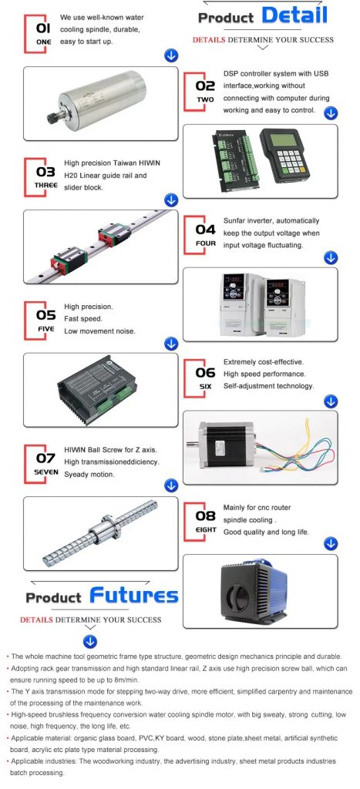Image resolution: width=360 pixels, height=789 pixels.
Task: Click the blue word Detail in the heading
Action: click(x=294, y=15)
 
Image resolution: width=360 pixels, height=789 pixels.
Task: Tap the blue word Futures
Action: click(x=134, y=596)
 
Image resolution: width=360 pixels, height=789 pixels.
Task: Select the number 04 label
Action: click(x=205, y=230)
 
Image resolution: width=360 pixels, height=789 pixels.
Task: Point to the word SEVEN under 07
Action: click(x=46, y=472)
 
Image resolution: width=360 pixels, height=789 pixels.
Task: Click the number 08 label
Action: click(x=205, y=515)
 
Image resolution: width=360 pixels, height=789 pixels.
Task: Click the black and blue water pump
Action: click(x=254, y=591)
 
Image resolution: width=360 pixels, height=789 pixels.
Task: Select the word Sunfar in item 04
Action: click(x=235, y=221)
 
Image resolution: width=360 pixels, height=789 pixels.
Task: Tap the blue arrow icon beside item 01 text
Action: click(x=171, y=55)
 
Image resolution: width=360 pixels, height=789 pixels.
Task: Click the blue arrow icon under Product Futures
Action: click(x=91, y=642)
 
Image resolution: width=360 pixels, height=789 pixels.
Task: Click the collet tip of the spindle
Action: click(x=52, y=119)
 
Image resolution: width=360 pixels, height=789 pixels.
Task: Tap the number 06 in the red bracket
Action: click(x=205, y=373)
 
